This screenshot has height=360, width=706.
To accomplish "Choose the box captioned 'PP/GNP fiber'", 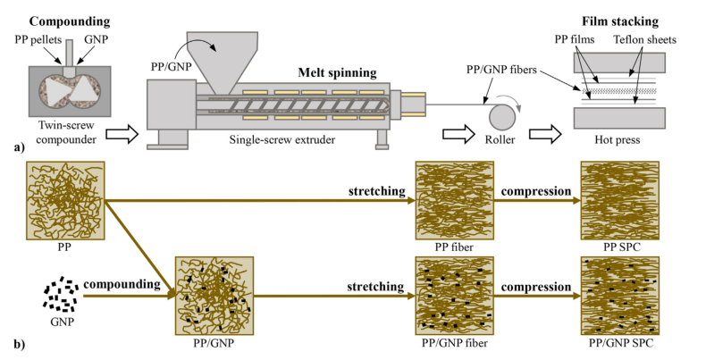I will click(x=454, y=294).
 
